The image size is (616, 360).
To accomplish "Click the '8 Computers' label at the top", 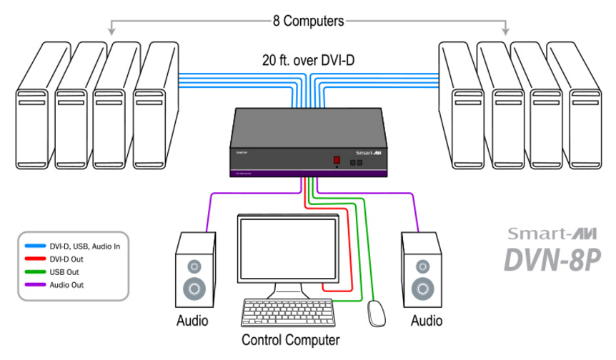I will (x=308, y=21).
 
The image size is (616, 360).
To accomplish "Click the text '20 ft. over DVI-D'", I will (x=308, y=61).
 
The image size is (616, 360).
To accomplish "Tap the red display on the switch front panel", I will (x=334, y=161).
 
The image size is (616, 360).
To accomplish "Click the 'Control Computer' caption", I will (x=290, y=340).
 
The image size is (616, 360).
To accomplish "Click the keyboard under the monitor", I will (x=288, y=312).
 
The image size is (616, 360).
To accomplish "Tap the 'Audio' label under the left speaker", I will (x=192, y=321).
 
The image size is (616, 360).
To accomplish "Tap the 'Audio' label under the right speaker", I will (x=427, y=321).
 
